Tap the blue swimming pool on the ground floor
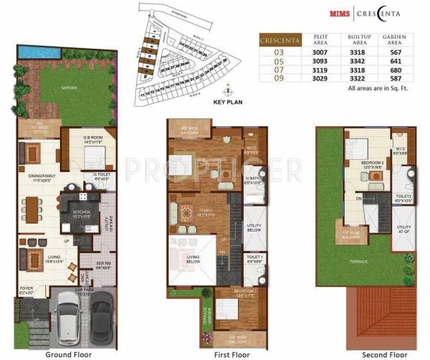tap(32, 52)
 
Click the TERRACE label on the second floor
tap(358, 261)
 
